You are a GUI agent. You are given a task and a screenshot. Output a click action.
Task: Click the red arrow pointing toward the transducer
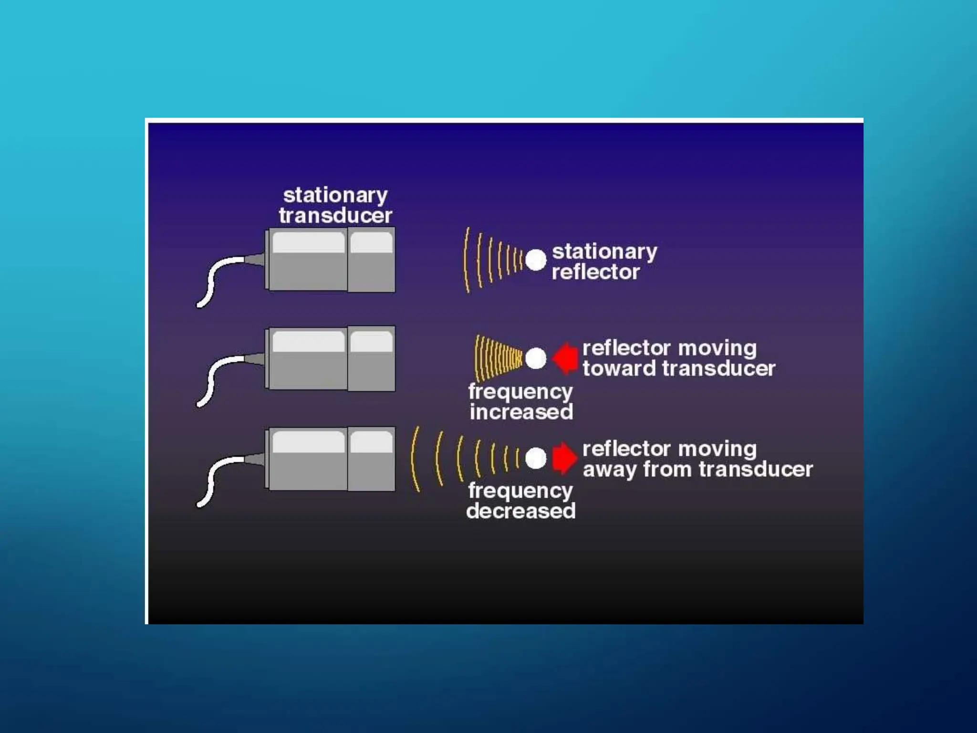[565, 358]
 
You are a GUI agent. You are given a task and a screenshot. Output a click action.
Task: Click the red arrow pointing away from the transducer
[564, 458]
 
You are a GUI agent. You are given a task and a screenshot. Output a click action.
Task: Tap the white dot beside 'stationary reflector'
[536, 260]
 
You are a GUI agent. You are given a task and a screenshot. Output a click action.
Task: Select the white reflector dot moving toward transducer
[536, 358]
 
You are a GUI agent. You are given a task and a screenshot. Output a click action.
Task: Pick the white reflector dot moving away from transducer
[536, 458]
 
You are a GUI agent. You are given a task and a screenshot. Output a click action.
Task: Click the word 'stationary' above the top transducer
[335, 196]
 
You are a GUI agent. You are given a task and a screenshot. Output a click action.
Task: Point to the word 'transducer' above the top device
[335, 216]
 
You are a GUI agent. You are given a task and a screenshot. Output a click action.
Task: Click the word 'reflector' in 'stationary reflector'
[595, 272]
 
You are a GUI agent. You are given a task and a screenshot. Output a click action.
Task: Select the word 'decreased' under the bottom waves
[521, 511]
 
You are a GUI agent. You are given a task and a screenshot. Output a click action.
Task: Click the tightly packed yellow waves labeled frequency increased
[499, 358]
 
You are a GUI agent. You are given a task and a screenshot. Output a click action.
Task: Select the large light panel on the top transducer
[308, 243]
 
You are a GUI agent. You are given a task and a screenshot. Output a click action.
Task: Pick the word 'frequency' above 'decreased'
[520, 491]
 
